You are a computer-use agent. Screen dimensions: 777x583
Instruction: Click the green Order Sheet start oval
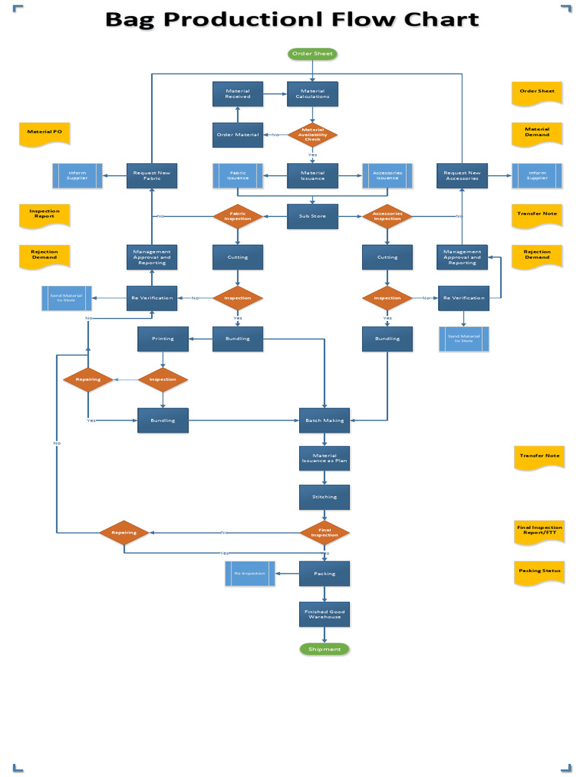click(312, 54)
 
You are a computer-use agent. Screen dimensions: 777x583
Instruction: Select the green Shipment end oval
click(324, 650)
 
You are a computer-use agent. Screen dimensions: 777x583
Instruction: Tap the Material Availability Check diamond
click(313, 134)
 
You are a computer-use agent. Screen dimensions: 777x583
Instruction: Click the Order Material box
click(238, 135)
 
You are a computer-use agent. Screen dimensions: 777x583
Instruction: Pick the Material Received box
click(238, 93)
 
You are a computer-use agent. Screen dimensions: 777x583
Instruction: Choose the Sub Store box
click(312, 216)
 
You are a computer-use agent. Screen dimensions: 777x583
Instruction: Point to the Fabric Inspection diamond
click(238, 216)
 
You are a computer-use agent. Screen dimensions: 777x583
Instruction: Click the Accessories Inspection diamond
click(387, 216)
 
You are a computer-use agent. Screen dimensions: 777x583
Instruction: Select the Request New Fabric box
click(152, 175)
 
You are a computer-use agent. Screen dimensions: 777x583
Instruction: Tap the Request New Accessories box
click(462, 175)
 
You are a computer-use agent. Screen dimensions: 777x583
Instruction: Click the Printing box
click(162, 338)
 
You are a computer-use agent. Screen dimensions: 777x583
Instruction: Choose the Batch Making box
click(324, 420)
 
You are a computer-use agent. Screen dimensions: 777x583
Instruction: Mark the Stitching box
click(324, 497)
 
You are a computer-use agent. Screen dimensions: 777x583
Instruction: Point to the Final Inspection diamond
click(325, 533)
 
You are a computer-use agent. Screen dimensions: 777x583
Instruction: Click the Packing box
click(324, 574)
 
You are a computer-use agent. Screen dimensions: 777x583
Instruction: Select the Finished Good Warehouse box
click(324, 614)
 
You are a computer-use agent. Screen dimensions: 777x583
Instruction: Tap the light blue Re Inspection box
click(250, 574)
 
